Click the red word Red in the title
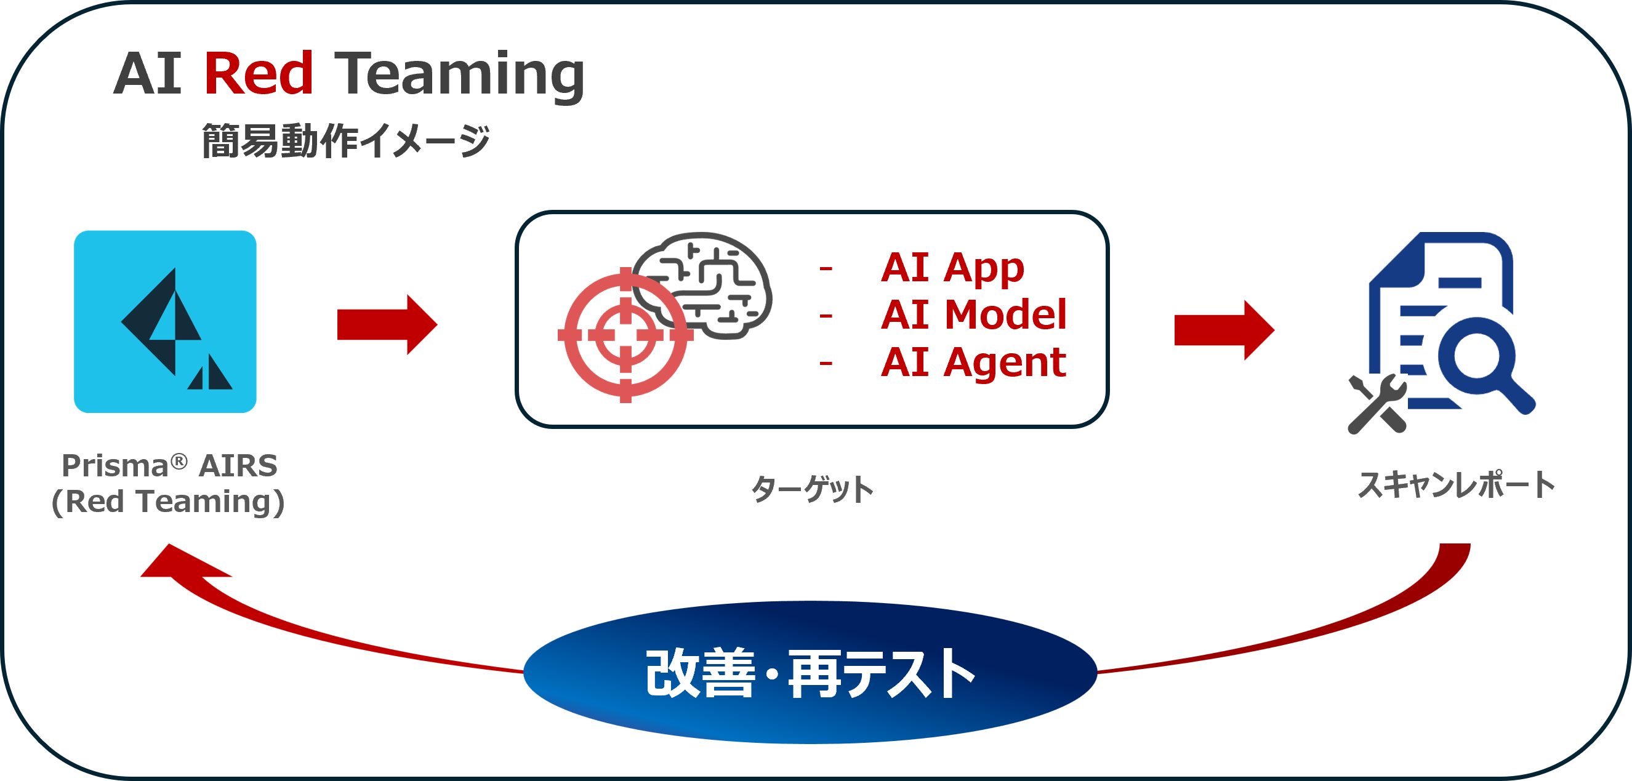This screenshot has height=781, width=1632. (259, 73)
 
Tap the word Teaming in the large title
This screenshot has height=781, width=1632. (459, 76)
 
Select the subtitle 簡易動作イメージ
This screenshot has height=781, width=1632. (345, 140)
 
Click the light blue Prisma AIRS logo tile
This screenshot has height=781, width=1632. (166, 321)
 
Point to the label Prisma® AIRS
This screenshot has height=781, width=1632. (169, 465)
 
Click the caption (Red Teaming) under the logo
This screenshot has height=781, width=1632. (168, 502)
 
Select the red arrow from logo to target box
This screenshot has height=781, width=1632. (387, 324)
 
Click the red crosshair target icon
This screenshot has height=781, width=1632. (625, 334)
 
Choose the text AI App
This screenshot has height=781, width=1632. (952, 267)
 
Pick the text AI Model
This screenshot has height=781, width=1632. (973, 315)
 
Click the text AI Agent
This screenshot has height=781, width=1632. (973, 362)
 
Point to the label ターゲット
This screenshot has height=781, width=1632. (811, 489)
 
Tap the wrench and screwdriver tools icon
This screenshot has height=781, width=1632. (1377, 404)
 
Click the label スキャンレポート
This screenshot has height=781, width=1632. (1457, 485)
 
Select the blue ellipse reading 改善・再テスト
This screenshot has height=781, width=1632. (810, 672)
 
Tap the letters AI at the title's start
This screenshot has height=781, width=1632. (148, 73)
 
